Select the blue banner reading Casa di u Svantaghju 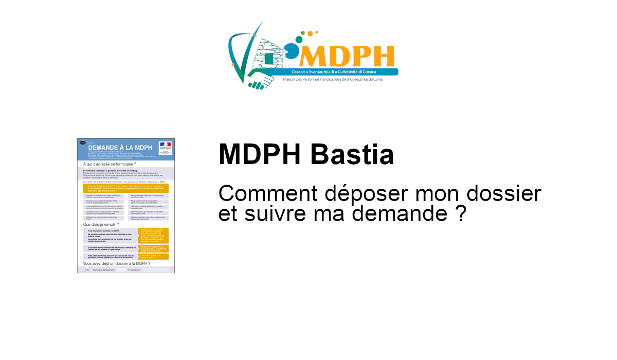334,72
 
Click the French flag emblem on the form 165,145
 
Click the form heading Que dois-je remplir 101,225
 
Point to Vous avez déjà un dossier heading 113,264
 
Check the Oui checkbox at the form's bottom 85,269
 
